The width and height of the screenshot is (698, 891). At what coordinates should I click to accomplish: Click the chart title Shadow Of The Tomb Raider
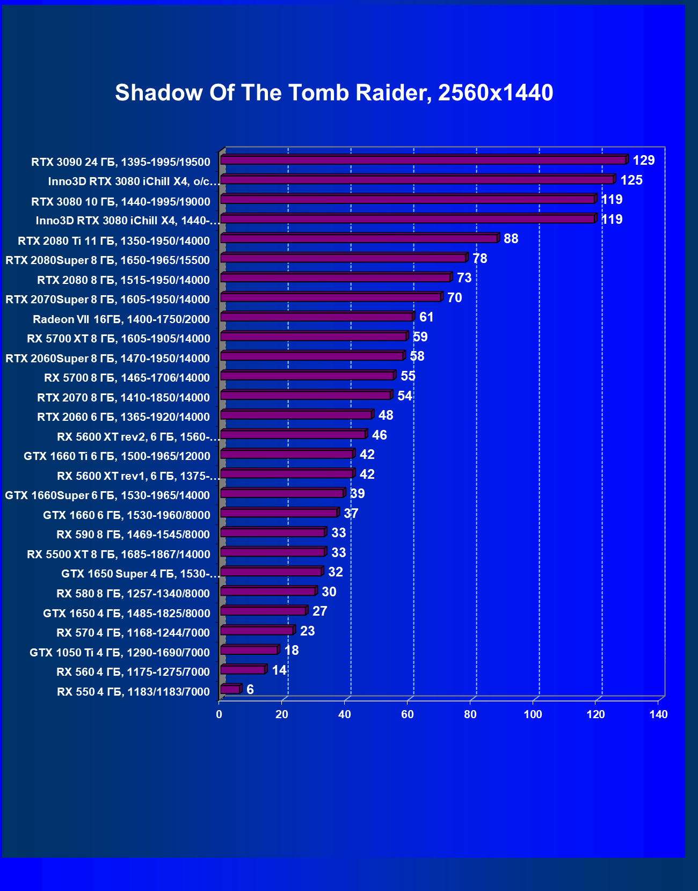tap(334, 93)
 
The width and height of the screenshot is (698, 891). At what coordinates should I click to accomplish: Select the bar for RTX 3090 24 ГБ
tap(423, 160)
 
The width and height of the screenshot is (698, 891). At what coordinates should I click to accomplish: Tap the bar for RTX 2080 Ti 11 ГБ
tap(359, 238)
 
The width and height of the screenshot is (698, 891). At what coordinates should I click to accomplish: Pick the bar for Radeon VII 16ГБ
tap(316, 317)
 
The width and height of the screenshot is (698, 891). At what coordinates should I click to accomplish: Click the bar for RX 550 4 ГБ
tap(230, 689)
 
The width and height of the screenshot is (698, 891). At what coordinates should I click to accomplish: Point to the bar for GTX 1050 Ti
tap(249, 650)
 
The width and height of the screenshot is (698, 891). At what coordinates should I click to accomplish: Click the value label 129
tap(643, 160)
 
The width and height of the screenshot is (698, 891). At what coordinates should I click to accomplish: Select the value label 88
tap(511, 238)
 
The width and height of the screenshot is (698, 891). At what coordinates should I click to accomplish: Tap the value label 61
tap(426, 317)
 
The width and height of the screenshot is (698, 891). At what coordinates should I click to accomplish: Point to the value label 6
tap(250, 689)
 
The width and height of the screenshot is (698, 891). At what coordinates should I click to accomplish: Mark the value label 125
tap(631, 180)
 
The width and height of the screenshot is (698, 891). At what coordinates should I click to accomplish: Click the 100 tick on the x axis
tap(533, 714)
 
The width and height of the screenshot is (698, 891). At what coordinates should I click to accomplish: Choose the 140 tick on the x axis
tap(658, 714)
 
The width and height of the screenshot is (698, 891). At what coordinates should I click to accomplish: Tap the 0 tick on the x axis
tap(219, 714)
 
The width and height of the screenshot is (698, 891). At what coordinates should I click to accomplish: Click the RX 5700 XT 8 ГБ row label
tap(118, 339)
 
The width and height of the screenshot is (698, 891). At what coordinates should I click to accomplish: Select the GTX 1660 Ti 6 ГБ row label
tap(117, 456)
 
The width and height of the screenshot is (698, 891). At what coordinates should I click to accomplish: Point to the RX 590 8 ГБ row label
tap(133, 535)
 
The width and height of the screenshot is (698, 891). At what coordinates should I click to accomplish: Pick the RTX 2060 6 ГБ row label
tap(123, 417)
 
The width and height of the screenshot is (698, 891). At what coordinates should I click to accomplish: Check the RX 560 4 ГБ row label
tap(133, 672)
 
